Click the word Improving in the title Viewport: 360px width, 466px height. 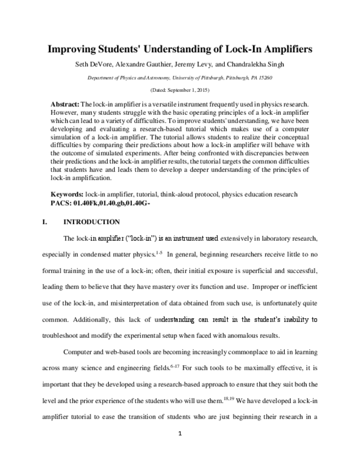point(71,49)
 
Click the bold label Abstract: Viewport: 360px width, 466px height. point(65,104)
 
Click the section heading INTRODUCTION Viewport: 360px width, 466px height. point(92,222)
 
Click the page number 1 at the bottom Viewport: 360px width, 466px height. point(180,434)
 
